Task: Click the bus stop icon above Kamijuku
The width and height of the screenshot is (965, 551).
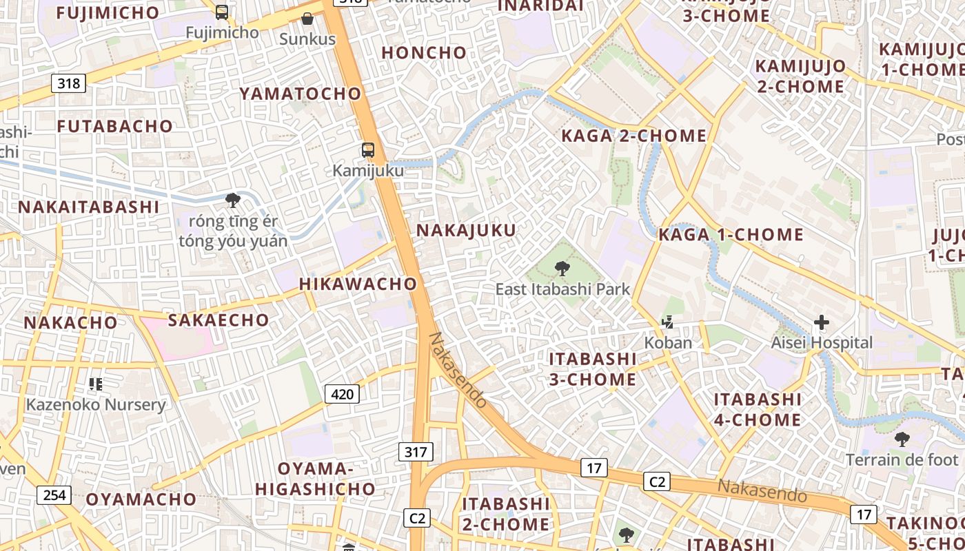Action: tap(368, 149)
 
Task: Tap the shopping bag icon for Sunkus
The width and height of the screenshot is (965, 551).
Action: tap(307, 19)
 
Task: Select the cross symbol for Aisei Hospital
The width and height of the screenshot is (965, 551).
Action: tap(821, 322)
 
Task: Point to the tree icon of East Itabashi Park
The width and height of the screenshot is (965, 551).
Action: tap(562, 269)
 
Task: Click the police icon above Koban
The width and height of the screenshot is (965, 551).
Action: tap(667, 322)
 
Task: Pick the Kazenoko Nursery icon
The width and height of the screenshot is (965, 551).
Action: tap(96, 384)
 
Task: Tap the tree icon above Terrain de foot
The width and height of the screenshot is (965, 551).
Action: tap(902, 439)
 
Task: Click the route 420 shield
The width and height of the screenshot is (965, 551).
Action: tap(342, 394)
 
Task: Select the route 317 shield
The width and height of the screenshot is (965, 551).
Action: tap(416, 452)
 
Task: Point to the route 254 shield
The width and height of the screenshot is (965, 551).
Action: tap(54, 495)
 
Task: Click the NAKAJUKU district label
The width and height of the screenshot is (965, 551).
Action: tap(466, 231)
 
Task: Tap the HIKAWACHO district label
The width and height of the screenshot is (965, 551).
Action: tap(358, 284)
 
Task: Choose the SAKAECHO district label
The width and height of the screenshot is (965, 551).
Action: tap(219, 320)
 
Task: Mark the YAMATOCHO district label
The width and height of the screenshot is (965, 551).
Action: tap(300, 94)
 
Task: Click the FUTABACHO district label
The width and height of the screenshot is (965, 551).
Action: tap(114, 126)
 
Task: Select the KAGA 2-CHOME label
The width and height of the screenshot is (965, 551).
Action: tap(634, 136)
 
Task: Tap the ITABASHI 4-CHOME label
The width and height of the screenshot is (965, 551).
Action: tap(758, 409)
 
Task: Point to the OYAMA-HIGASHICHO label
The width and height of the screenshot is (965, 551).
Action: tap(316, 479)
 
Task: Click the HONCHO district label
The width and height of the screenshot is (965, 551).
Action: tap(424, 52)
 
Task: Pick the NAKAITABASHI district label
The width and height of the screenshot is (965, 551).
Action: tap(88, 207)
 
